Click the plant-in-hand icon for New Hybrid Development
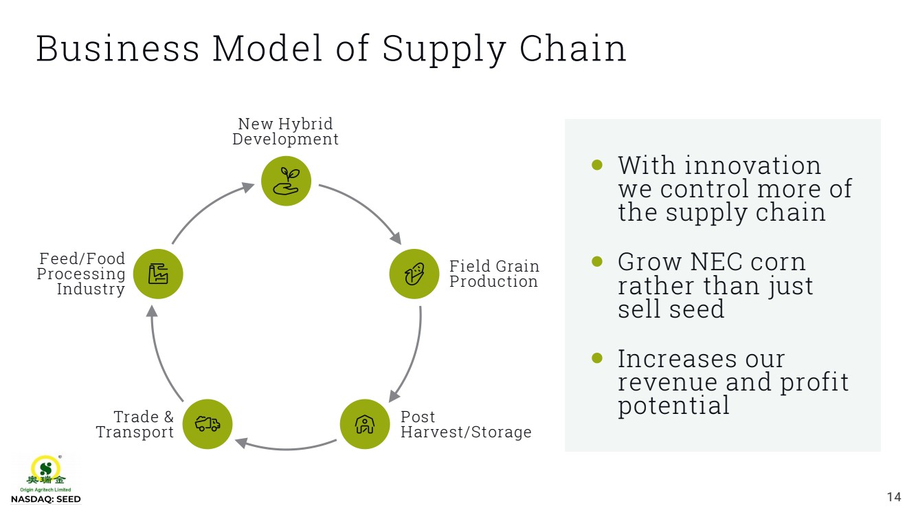click(x=287, y=181)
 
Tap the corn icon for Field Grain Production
click(x=414, y=274)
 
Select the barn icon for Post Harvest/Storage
click(x=365, y=424)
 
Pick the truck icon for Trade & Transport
click(x=208, y=424)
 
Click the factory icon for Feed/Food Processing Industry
click(x=158, y=274)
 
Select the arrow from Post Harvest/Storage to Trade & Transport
click(x=286, y=448)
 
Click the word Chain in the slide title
click(x=572, y=49)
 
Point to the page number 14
click(x=893, y=497)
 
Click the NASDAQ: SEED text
click(x=45, y=499)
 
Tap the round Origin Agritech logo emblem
click(x=45, y=468)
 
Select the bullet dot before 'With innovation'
click(x=596, y=164)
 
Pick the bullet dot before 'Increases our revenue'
click(x=596, y=358)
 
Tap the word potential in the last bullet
click(x=673, y=406)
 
